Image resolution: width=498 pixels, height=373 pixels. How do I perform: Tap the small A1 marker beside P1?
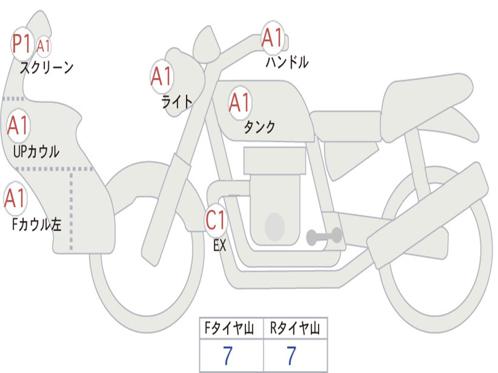tap(43, 46)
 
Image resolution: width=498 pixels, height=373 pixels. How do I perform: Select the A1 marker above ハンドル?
tap(272, 38)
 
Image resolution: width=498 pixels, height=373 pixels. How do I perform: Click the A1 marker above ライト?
tap(161, 76)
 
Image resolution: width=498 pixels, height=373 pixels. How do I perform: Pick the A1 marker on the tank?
tap(240, 103)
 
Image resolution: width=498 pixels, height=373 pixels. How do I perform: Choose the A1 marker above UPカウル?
tap(18, 126)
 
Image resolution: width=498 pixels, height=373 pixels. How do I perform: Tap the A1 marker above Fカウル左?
tap(15, 198)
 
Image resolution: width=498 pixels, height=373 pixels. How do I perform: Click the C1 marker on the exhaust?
tap(215, 220)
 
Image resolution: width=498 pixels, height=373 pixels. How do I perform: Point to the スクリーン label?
tap(47, 68)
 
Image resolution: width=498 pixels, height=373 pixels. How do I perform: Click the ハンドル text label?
tap(287, 62)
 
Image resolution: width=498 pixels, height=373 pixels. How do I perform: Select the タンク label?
tap(260, 127)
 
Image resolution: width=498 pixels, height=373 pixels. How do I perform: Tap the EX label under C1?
tap(220, 245)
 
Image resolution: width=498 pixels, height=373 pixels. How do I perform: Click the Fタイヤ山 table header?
tap(229, 328)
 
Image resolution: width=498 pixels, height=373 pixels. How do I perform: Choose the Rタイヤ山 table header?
tap(295, 328)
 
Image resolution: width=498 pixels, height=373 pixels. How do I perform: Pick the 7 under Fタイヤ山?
tap(228, 355)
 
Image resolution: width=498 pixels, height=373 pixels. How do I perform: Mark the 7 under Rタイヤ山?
tap(292, 355)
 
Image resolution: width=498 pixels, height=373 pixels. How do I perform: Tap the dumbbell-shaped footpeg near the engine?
tap(324, 237)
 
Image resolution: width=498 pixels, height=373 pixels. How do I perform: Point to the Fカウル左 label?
tap(36, 224)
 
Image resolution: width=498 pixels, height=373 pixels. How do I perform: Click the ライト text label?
tap(177, 102)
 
